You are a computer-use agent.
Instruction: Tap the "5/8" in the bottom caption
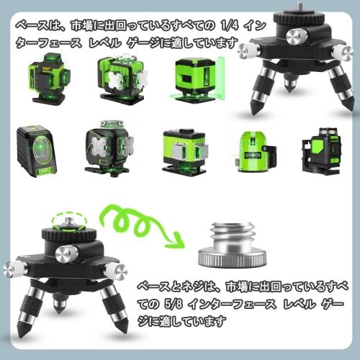182,294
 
